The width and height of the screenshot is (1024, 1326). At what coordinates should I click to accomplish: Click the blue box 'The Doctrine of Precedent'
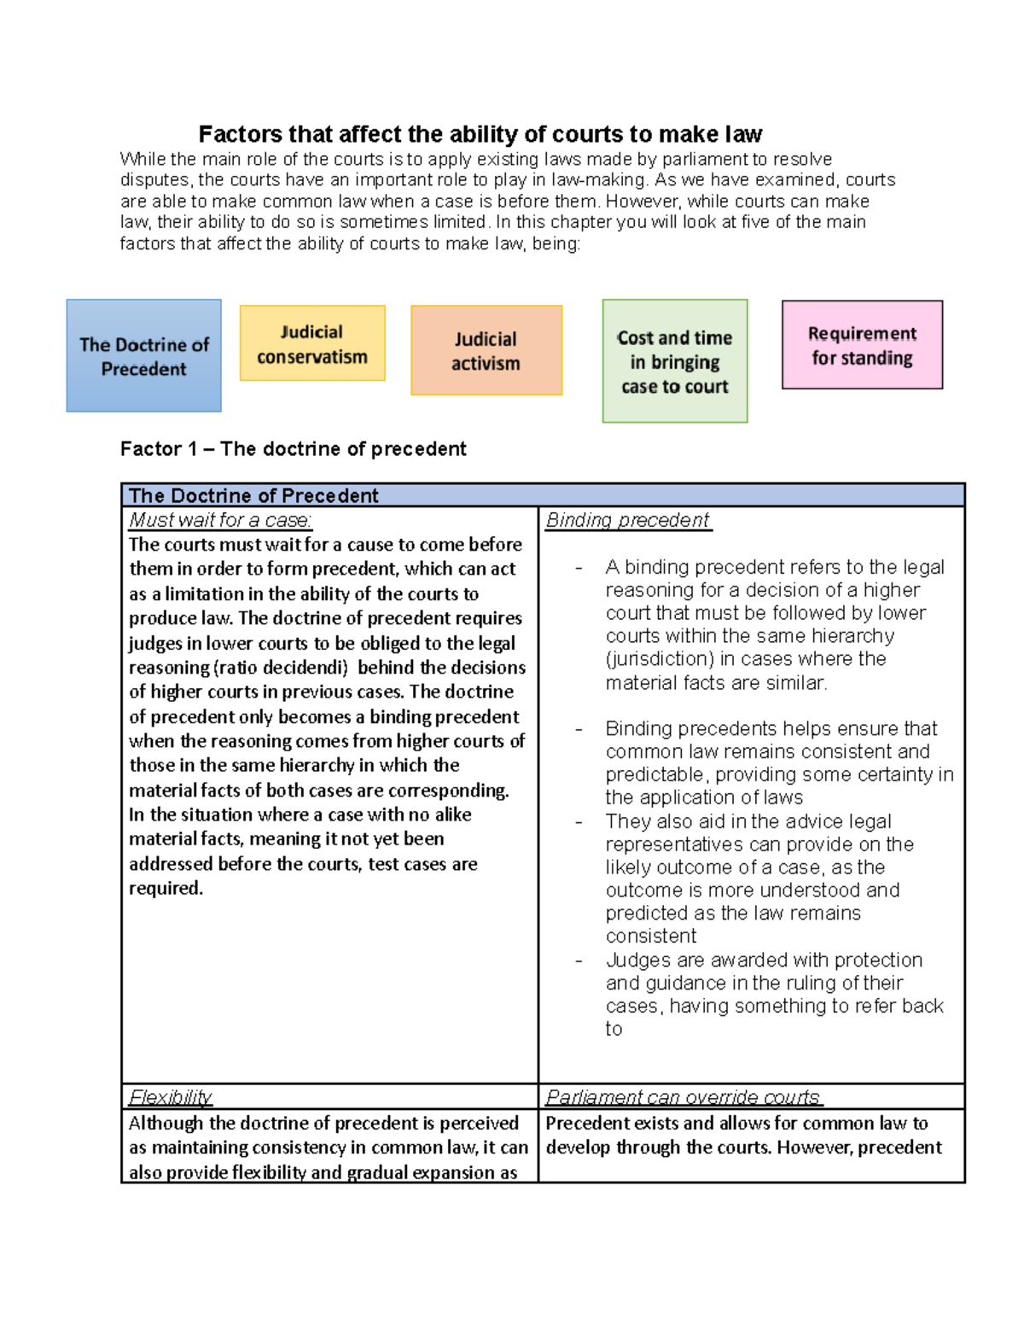143,356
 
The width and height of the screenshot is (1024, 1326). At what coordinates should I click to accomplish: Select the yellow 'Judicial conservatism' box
312,344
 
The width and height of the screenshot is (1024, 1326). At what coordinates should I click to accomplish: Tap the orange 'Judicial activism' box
486,351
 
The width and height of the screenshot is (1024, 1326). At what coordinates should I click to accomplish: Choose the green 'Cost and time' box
674,361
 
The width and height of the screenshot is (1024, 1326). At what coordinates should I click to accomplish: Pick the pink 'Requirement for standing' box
862,345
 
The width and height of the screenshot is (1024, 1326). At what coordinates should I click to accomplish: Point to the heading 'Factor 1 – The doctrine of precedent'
293,449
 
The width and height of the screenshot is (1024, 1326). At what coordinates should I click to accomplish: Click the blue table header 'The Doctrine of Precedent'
253,495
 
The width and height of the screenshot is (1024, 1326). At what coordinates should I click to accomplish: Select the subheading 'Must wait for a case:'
220,520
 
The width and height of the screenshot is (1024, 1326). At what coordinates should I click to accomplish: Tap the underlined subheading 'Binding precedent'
627,520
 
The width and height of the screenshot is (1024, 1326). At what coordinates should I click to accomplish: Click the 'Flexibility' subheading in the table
170,1097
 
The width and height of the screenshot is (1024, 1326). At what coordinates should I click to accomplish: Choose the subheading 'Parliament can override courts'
683,1097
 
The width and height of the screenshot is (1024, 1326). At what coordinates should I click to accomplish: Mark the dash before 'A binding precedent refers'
579,568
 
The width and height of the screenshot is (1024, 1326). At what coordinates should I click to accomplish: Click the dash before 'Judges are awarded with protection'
579,961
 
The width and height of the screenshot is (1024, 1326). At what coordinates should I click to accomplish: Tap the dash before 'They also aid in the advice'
579,822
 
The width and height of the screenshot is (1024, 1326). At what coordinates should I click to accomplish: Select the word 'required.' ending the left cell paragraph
166,889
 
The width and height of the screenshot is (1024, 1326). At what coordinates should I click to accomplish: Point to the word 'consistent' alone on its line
651,937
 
